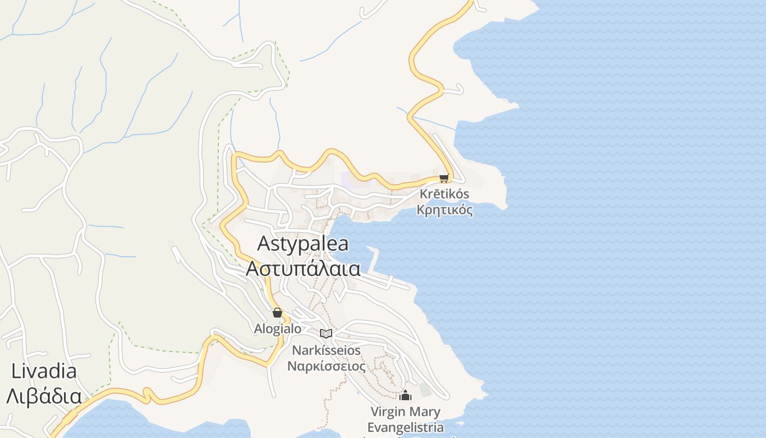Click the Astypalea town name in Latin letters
click(303, 244)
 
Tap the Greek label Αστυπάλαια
click(303, 268)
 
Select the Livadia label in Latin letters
click(44, 371)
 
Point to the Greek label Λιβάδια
click(44, 396)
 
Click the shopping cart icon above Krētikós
click(444, 178)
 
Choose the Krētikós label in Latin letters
click(444, 194)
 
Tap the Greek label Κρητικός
click(444, 210)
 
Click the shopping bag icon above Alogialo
click(277, 313)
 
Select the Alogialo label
click(277, 328)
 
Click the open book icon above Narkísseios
click(326, 333)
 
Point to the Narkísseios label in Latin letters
click(326, 350)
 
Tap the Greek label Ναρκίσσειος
click(326, 366)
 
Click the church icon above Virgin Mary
click(405, 395)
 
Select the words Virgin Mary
click(405, 411)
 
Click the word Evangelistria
click(405, 427)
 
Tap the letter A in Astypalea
click(264, 243)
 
